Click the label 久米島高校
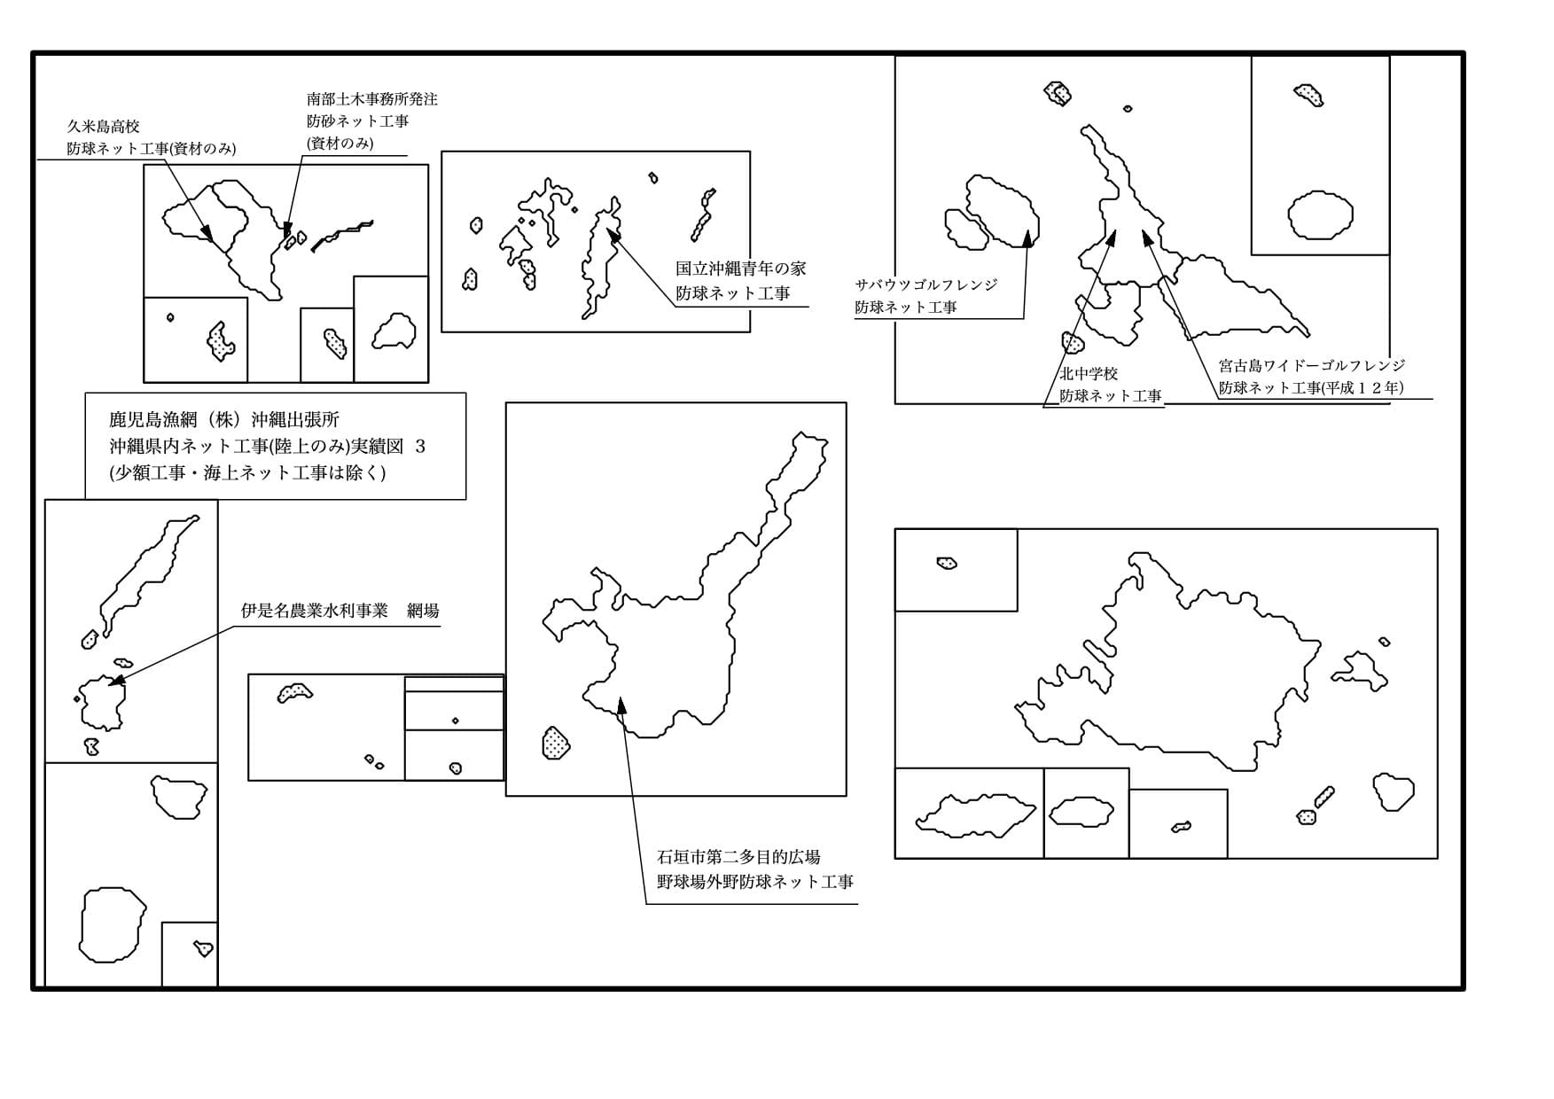pyautogui.click(x=103, y=127)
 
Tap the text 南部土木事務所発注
pyautogui.click(x=371, y=99)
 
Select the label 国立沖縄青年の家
pyautogui.click(x=740, y=269)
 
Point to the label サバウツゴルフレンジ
pyautogui.click(x=925, y=284)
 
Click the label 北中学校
pyautogui.click(x=1089, y=374)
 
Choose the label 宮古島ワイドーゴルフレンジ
pyautogui.click(x=1311, y=365)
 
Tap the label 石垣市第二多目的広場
pyautogui.click(x=738, y=857)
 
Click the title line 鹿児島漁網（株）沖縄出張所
pyautogui.click(x=224, y=419)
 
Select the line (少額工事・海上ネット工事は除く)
pyautogui.click(x=247, y=472)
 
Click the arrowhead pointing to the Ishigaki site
pyautogui.click(x=621, y=705)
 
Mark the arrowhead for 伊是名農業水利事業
pyautogui.click(x=115, y=682)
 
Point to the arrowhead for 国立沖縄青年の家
pyautogui.click(x=613, y=234)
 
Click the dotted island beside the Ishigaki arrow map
pyautogui.click(x=555, y=743)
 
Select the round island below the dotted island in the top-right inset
pyautogui.click(x=1320, y=215)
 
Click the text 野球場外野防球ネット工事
pyautogui.click(x=754, y=882)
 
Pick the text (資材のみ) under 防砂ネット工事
pyautogui.click(x=340, y=143)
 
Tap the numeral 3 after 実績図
pyautogui.click(x=420, y=447)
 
